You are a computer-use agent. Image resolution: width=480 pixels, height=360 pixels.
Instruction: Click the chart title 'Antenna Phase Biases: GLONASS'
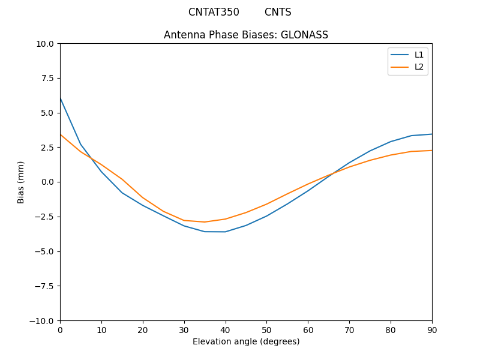(x=246, y=35)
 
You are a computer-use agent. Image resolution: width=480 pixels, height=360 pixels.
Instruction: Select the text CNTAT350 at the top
(x=214, y=12)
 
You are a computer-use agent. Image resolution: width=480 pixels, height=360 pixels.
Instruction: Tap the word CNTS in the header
(x=278, y=12)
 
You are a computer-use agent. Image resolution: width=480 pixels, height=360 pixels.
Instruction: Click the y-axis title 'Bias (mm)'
(x=21, y=182)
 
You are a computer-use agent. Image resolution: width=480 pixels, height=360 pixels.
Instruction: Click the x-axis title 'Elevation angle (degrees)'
(x=246, y=341)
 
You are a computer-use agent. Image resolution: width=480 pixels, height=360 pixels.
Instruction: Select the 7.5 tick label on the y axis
(x=47, y=78)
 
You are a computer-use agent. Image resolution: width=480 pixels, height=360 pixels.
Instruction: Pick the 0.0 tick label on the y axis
(x=47, y=182)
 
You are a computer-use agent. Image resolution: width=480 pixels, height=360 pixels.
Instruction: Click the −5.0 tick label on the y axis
(x=45, y=251)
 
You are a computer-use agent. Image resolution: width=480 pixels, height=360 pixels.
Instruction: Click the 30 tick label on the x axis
(x=184, y=330)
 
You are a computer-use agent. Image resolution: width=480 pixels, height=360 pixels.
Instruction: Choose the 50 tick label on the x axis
(x=266, y=330)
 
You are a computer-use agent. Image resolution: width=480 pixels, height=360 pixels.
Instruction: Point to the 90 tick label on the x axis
(x=432, y=330)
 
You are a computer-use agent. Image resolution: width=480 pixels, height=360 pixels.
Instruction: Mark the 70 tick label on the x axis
(x=349, y=330)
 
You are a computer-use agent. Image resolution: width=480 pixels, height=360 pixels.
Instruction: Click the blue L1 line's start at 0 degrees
(x=60, y=97)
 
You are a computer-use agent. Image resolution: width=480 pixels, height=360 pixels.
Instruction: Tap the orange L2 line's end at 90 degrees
(x=432, y=151)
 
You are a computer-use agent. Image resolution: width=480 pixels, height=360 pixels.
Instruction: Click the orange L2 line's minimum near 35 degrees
(x=205, y=222)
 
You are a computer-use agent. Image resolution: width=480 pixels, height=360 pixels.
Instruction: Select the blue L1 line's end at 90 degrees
(x=432, y=134)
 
